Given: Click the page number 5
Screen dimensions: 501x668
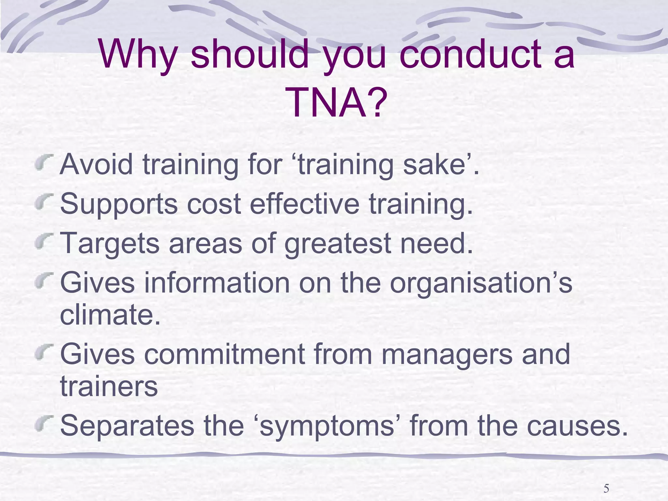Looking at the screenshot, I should coord(606,488).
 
